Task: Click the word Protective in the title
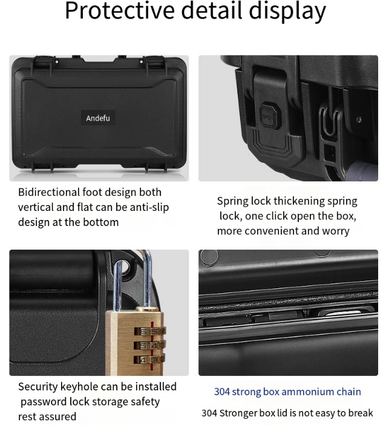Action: click(120, 10)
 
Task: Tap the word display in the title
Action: click(287, 11)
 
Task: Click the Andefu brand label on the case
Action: click(98, 118)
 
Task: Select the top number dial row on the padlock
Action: click(150, 331)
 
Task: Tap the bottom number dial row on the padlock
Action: click(149, 360)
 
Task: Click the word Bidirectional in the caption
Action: click(49, 192)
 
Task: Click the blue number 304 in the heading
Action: click(222, 392)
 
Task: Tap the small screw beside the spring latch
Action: click(359, 120)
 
